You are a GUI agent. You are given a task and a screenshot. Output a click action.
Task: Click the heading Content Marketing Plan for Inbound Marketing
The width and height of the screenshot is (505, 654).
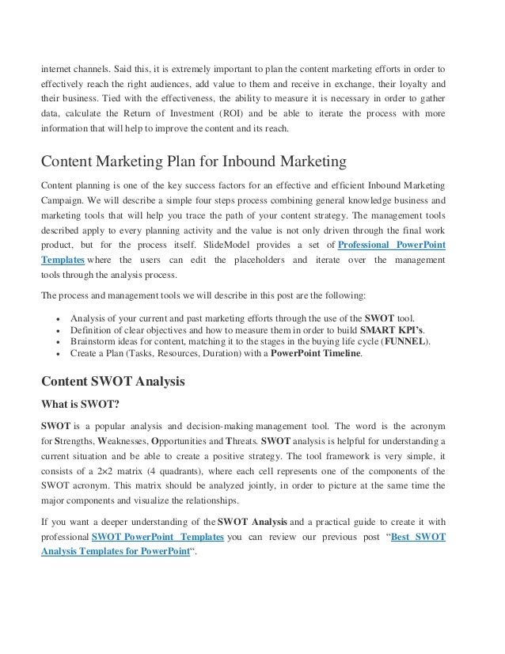(194, 163)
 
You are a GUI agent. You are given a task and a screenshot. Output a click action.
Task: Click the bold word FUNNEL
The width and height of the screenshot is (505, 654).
(406, 340)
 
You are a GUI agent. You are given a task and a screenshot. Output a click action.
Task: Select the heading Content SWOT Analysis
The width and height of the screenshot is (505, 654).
(112, 382)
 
